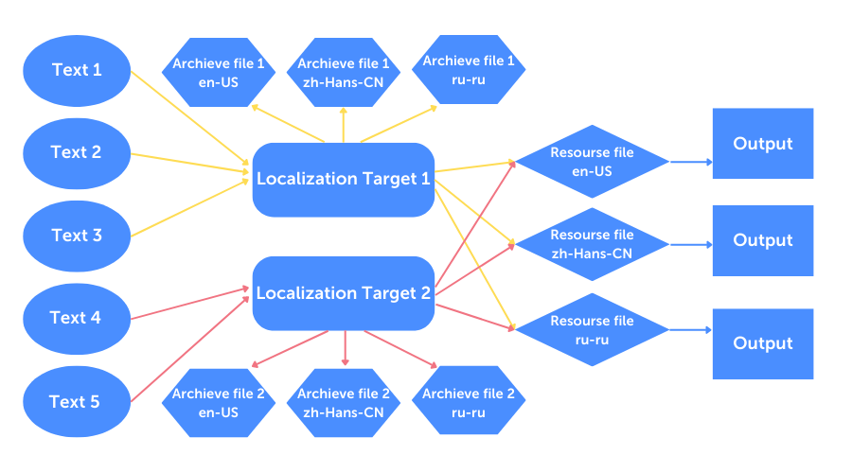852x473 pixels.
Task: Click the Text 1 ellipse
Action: tap(77, 70)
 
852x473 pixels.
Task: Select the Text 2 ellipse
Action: tap(77, 152)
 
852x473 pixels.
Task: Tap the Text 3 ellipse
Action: tap(77, 236)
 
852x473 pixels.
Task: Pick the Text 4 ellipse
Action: tap(77, 318)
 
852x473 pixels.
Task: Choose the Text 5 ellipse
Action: tap(77, 402)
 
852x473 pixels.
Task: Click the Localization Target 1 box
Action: tap(343, 179)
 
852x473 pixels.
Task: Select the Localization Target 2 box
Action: tap(343, 293)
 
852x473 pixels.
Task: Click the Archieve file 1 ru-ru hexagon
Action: tap(469, 71)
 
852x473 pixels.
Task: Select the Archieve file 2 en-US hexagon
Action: tap(219, 403)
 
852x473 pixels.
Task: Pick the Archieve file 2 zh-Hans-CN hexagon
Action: tap(344, 403)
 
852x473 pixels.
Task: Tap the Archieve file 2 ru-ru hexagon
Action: tap(469, 403)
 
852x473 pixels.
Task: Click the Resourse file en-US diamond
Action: tap(593, 162)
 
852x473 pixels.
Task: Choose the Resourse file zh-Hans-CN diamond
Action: tap(593, 244)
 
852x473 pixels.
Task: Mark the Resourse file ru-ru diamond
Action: tap(593, 329)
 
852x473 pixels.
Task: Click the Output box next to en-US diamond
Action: tap(763, 144)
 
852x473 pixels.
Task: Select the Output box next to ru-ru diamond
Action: tap(763, 343)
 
